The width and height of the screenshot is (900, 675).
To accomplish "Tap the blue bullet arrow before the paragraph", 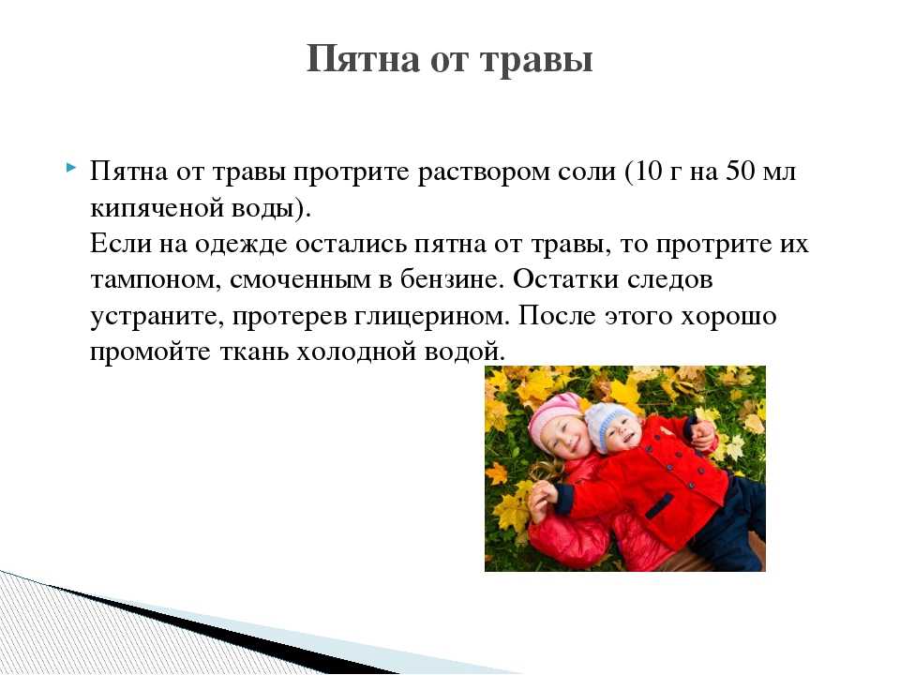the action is [x=70, y=168].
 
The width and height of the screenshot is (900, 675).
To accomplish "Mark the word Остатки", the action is [x=565, y=279].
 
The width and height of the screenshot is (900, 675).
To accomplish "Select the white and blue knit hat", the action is [x=609, y=423].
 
